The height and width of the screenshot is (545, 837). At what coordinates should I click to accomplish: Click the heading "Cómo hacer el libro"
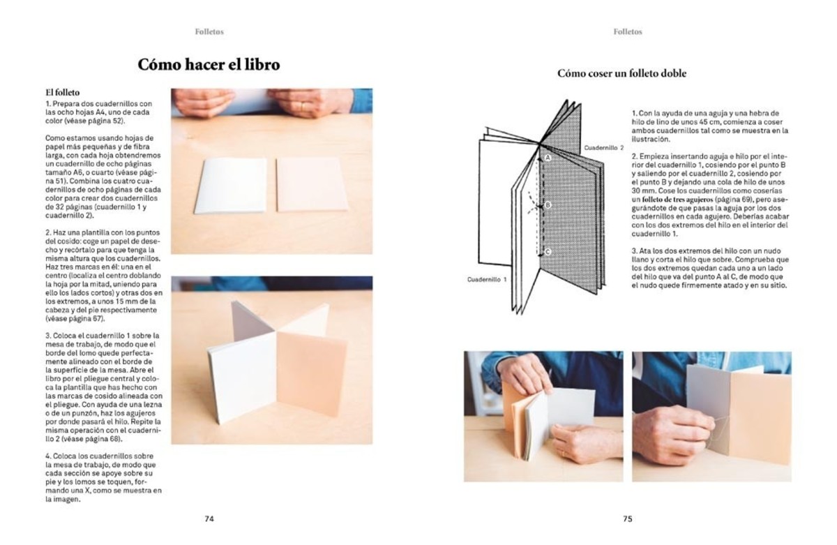pyautogui.click(x=209, y=65)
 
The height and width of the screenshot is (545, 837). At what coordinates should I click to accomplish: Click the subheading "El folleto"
pyautogui.click(x=63, y=91)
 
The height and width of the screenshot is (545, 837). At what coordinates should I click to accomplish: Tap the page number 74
pyautogui.click(x=209, y=518)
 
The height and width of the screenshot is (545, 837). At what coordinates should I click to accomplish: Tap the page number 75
pyautogui.click(x=627, y=518)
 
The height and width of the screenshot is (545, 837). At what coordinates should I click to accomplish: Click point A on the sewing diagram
pyautogui.click(x=548, y=158)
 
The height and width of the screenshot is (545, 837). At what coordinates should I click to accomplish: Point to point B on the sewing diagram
pyautogui.click(x=548, y=205)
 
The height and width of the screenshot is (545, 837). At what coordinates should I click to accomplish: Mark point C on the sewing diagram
pyautogui.click(x=548, y=252)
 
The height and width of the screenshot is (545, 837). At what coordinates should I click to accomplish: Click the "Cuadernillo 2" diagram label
pyautogui.click(x=603, y=149)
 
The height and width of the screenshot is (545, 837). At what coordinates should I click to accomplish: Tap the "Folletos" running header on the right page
pyautogui.click(x=628, y=31)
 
